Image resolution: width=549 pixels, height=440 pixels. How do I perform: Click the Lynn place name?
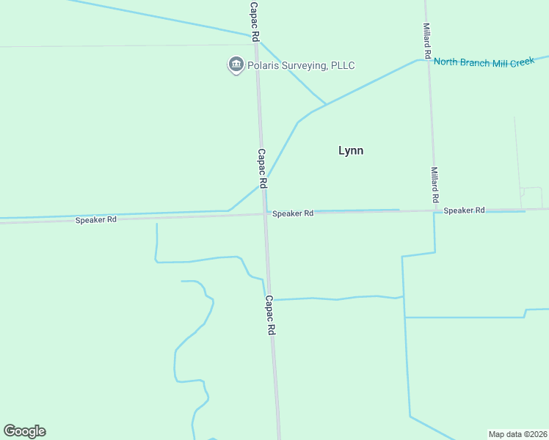pyautogui.click(x=351, y=150)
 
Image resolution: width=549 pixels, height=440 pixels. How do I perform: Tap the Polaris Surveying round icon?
pyautogui.click(x=236, y=65)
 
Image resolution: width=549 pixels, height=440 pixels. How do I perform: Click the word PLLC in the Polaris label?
pyautogui.click(x=342, y=66)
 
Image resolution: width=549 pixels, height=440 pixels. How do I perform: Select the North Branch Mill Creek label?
pyautogui.click(x=484, y=62)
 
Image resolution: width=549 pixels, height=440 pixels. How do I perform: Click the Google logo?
pyautogui.click(x=25, y=431)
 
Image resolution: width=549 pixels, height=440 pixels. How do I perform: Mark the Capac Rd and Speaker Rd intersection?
pyautogui.click(x=265, y=214)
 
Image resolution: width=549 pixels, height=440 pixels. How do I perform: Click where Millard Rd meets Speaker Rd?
pyautogui.click(x=435, y=211)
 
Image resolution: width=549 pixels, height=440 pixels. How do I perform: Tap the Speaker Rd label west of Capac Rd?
pyautogui.click(x=95, y=220)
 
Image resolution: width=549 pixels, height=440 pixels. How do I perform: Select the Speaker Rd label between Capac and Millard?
pyautogui.click(x=293, y=213)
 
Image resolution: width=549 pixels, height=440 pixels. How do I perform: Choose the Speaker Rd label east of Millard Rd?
pyautogui.click(x=464, y=210)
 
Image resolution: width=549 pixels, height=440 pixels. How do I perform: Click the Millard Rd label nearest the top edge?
pyautogui.click(x=426, y=40)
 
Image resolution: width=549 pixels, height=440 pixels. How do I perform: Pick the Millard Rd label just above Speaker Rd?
pyautogui.click(x=435, y=185)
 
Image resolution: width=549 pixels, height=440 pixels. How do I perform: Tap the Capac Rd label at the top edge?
pyautogui.click(x=254, y=20)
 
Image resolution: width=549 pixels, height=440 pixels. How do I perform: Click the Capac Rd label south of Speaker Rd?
pyautogui.click(x=270, y=315)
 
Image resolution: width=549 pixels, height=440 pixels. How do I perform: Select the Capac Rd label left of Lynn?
pyautogui.click(x=261, y=166)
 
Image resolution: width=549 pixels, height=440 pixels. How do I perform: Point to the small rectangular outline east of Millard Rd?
pyautogui.click(x=531, y=197)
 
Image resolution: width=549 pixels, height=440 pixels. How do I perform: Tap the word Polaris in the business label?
pyautogui.click(x=266, y=66)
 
